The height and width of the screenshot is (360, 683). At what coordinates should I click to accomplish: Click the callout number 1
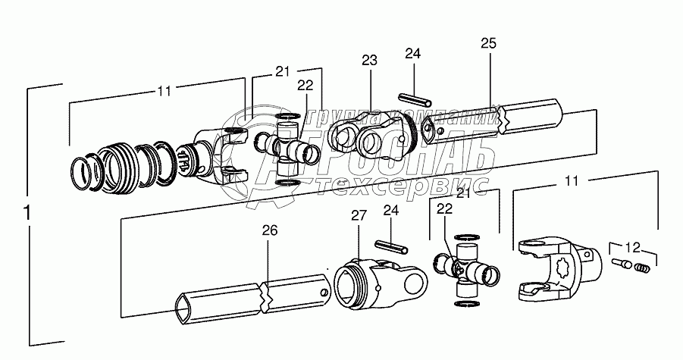tap(27, 214)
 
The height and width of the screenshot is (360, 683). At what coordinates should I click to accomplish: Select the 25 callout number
tap(488, 44)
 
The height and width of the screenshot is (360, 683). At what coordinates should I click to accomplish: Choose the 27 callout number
tap(359, 216)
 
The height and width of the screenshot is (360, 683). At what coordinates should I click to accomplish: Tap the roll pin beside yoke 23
tap(415, 100)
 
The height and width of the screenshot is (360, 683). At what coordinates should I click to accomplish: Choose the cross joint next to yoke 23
tap(287, 149)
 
